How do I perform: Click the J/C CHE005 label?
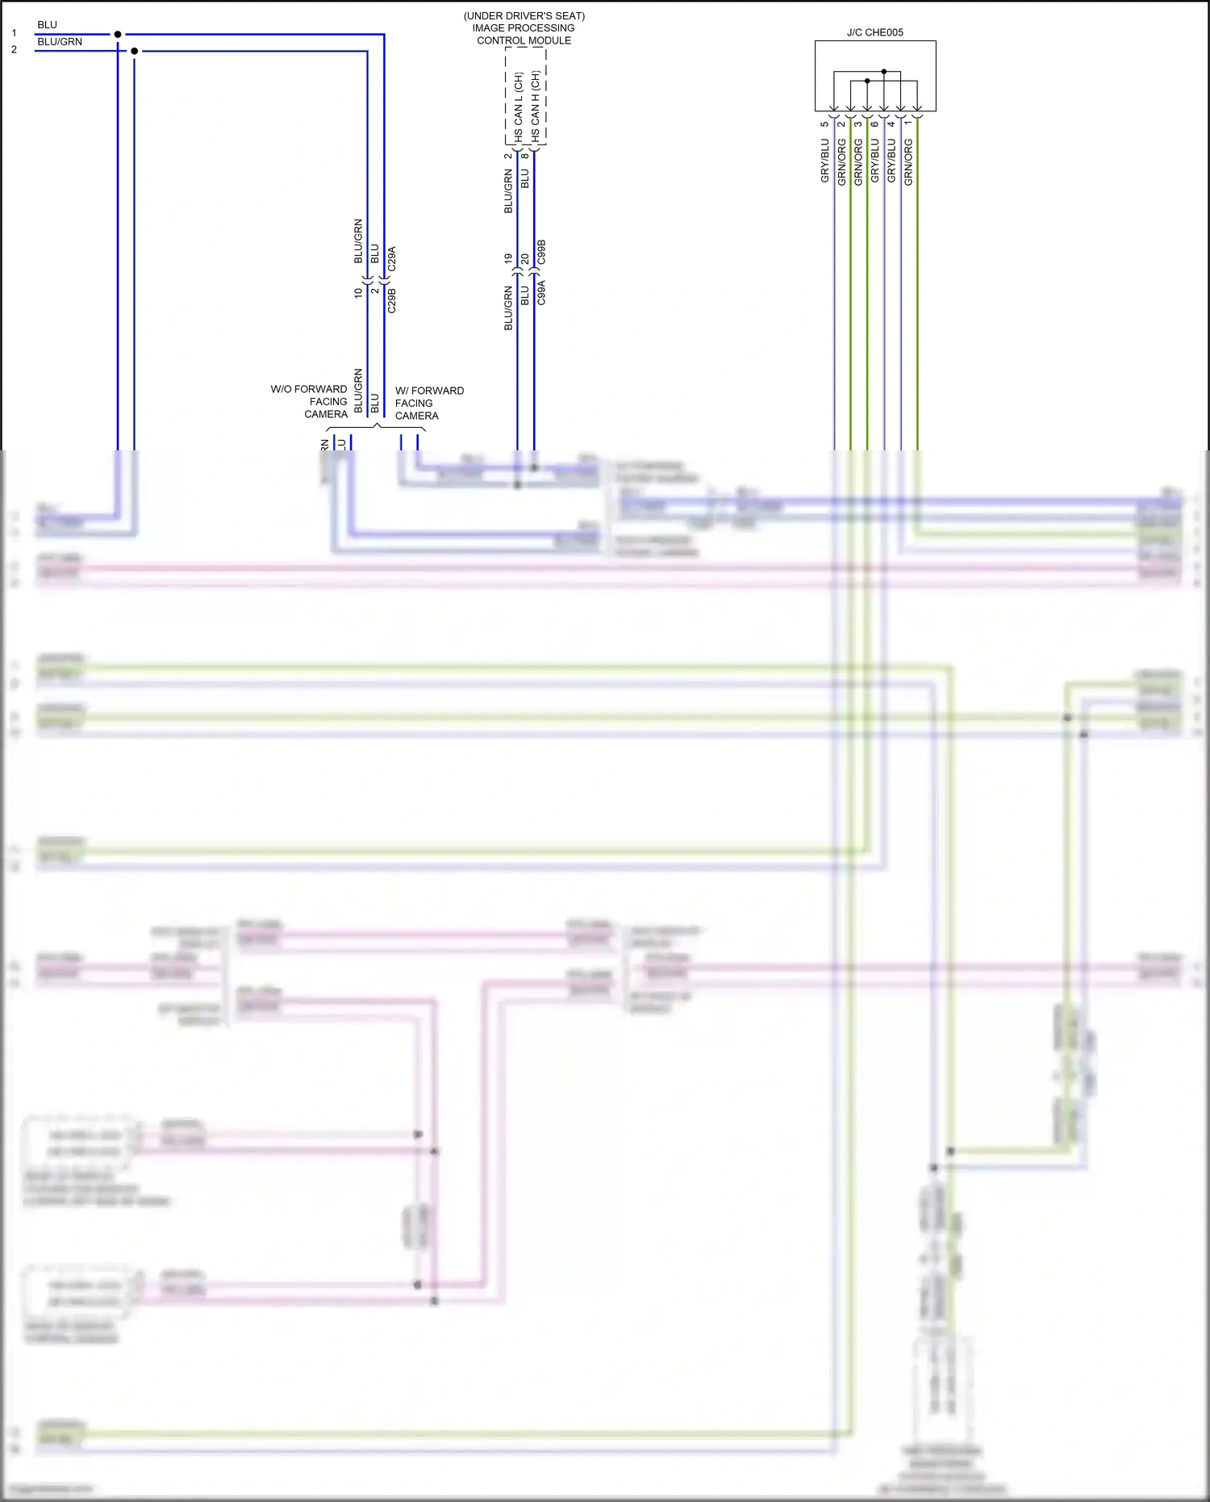pyautogui.click(x=874, y=32)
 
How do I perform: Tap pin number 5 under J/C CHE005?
pyautogui.click(x=824, y=123)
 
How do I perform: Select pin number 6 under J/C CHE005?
pyautogui.click(x=875, y=123)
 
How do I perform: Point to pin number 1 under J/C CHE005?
pyautogui.click(x=908, y=122)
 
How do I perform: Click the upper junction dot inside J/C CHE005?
pyautogui.click(x=884, y=72)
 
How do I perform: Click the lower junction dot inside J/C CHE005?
pyautogui.click(x=867, y=81)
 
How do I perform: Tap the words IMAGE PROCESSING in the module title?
pyautogui.click(x=524, y=28)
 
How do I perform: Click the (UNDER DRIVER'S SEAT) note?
pyautogui.click(x=524, y=16)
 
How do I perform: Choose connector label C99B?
pyautogui.click(x=542, y=251)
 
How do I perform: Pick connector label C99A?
pyautogui.click(x=542, y=292)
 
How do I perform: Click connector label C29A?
pyautogui.click(x=392, y=258)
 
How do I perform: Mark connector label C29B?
pyautogui.click(x=392, y=299)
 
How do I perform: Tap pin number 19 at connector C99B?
pyautogui.click(x=508, y=258)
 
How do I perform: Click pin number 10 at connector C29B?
pyautogui.click(x=358, y=293)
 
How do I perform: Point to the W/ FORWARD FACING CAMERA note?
pyautogui.click(x=428, y=403)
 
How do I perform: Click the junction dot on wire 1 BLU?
pyautogui.click(x=118, y=34)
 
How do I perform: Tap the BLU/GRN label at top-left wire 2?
pyautogui.click(x=60, y=42)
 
